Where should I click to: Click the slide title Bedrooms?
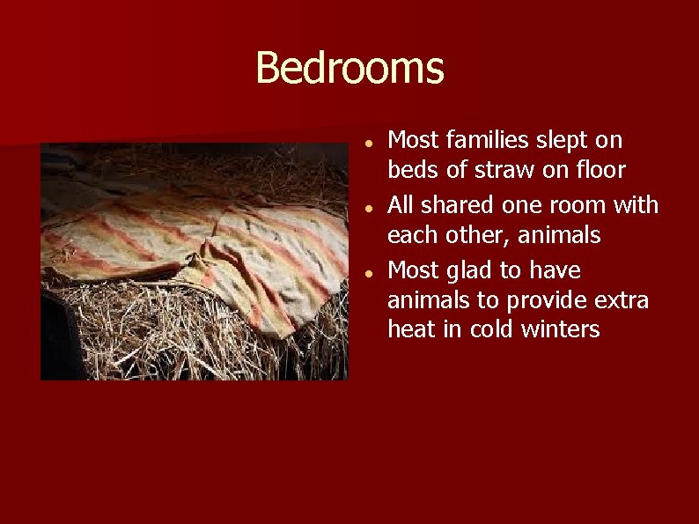[349, 68]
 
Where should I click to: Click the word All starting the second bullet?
[401, 205]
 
